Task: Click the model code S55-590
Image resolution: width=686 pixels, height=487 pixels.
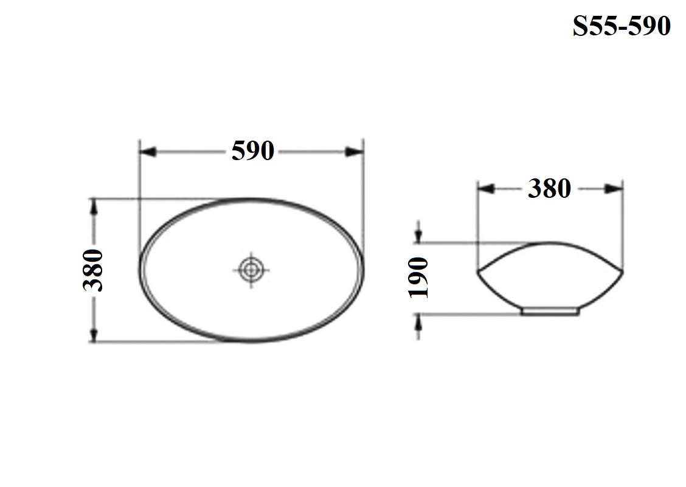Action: click(622, 26)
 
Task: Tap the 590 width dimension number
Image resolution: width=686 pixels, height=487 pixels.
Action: click(252, 151)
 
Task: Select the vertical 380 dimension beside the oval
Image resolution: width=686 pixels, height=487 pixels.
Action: click(93, 270)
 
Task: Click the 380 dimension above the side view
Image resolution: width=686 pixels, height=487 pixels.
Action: click(549, 189)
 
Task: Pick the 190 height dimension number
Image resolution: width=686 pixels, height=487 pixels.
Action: click(418, 278)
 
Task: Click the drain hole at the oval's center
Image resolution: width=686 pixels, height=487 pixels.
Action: click(251, 270)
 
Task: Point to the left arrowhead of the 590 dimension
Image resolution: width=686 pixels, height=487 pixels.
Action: click(148, 152)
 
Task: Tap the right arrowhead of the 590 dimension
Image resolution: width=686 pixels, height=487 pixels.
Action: click(355, 152)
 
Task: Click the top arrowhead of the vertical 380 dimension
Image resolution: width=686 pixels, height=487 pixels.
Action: click(93, 207)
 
